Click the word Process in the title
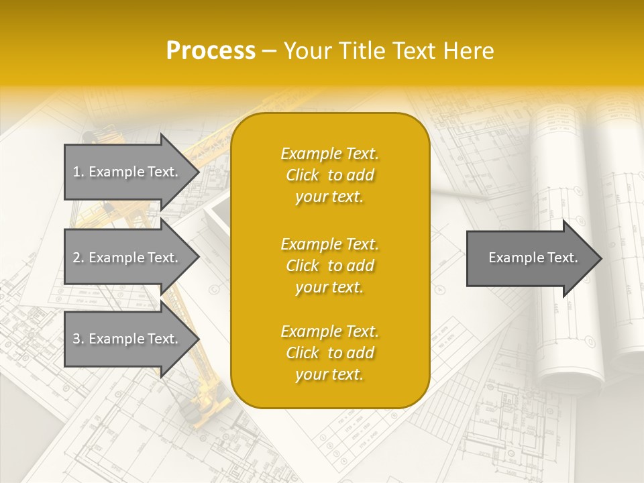[211, 51]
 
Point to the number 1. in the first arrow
[78, 172]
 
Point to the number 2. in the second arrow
[78, 258]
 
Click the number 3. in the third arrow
[78, 339]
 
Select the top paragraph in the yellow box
[329, 175]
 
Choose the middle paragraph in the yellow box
[329, 266]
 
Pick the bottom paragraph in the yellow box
[329, 353]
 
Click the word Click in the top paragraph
[302, 175]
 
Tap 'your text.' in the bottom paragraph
[329, 374]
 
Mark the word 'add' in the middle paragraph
[361, 266]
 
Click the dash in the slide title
[270, 51]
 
